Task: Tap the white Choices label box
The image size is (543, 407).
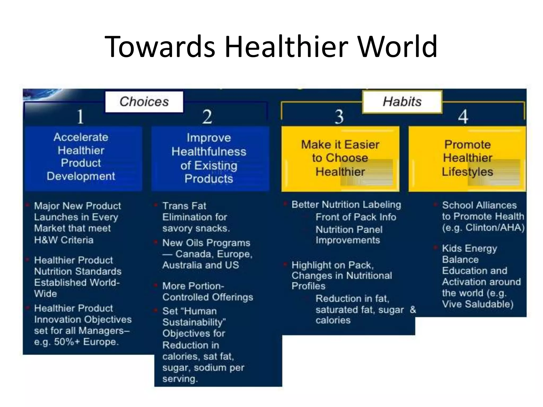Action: click(144, 102)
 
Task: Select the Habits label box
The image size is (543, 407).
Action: click(402, 102)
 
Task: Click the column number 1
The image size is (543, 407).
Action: click(80, 117)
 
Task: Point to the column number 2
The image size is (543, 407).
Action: click(207, 117)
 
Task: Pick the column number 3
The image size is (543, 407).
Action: click(339, 117)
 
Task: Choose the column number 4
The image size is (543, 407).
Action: click(463, 117)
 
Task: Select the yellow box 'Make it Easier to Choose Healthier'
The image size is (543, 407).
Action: click(340, 158)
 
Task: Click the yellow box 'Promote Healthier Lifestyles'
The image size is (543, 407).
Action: click(467, 158)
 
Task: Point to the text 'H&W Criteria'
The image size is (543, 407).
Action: click(64, 240)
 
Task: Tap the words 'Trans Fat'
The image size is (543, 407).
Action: click(184, 206)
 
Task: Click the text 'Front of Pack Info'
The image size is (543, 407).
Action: click(356, 217)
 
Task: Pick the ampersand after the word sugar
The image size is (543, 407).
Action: click(413, 309)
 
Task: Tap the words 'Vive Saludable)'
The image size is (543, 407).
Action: click(478, 304)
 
